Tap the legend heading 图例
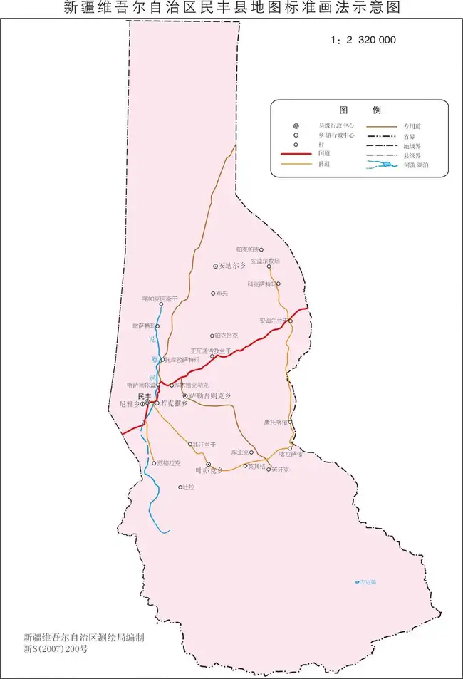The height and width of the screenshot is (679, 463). pyautogui.click(x=360, y=110)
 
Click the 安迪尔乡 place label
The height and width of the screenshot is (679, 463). pyautogui.click(x=231, y=266)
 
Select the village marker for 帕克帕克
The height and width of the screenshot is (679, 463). pyautogui.click(x=261, y=249)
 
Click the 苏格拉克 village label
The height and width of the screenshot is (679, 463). pyautogui.click(x=168, y=463)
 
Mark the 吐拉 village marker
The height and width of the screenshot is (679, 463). pyautogui.click(x=180, y=487)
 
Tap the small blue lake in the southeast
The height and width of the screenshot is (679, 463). pyautogui.click(x=357, y=582)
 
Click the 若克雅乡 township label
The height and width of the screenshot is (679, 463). pyautogui.click(x=174, y=403)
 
